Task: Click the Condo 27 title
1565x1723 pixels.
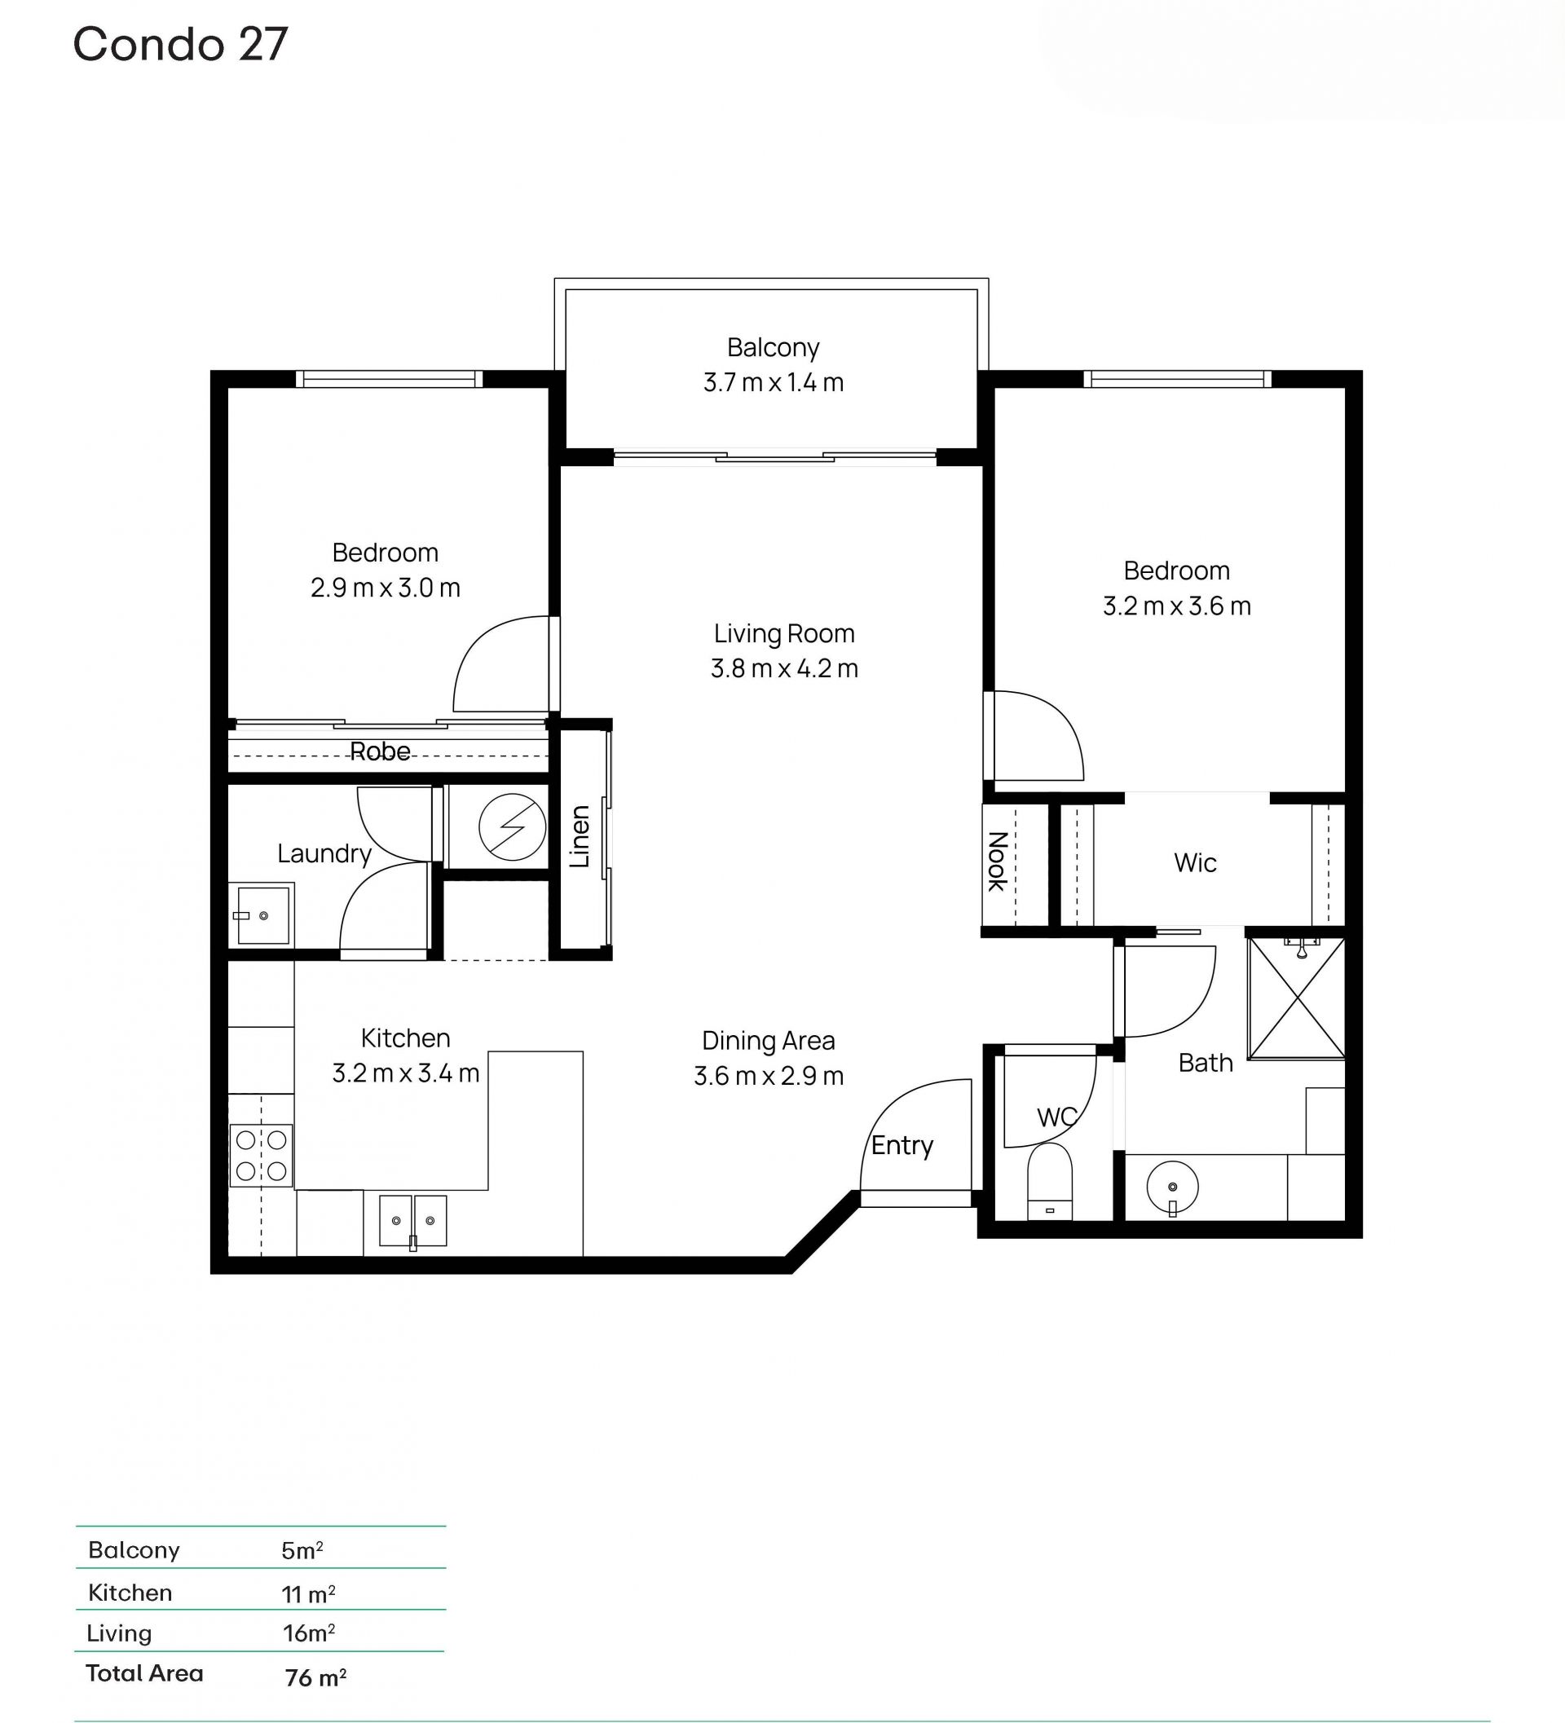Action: coord(180,45)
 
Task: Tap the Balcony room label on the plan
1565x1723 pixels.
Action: coord(773,348)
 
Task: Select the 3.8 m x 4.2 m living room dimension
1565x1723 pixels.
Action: coord(784,668)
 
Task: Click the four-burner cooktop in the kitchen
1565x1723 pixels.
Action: coord(262,1156)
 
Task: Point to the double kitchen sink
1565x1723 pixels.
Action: coord(412,1220)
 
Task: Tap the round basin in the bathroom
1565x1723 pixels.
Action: coord(1173,1188)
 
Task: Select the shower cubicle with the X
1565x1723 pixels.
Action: coord(1297,998)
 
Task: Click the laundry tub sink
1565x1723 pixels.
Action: coord(262,914)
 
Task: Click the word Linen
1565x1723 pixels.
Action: coord(580,837)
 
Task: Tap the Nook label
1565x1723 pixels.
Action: coord(998,861)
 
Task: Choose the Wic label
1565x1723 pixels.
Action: coord(1195,863)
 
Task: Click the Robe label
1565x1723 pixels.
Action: coord(381,751)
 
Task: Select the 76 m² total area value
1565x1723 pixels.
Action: coord(315,1677)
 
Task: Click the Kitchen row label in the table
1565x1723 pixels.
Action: coord(130,1593)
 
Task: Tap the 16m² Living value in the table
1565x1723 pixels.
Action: coord(309,1633)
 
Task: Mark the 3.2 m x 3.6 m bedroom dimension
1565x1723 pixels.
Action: coord(1176,606)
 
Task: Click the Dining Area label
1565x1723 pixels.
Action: coord(769,1041)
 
